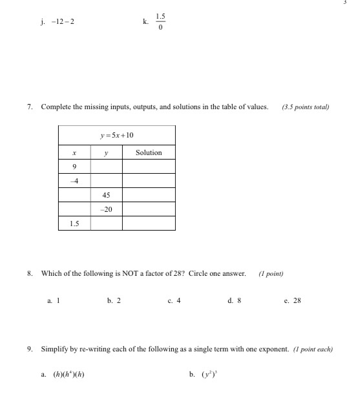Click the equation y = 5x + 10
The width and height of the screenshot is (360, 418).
pos(117,135)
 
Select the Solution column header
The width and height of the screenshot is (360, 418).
pos(149,152)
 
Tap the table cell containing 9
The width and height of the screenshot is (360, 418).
pos(74,167)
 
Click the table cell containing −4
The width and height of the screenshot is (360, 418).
pos(74,181)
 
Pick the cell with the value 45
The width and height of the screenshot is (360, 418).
pos(106,195)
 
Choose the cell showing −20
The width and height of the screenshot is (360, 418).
pos(106,209)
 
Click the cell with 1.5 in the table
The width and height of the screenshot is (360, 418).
pos(74,224)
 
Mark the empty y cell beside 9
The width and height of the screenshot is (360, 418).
pos(106,167)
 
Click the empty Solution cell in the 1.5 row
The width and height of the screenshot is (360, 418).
pos(149,224)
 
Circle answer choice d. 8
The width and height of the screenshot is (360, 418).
pos(235,300)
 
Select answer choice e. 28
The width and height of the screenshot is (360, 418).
pos(293,300)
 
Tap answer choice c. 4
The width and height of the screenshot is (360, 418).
pos(174,300)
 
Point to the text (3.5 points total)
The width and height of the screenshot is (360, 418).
pos(306,107)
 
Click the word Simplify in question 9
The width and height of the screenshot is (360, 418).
pos(56,350)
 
